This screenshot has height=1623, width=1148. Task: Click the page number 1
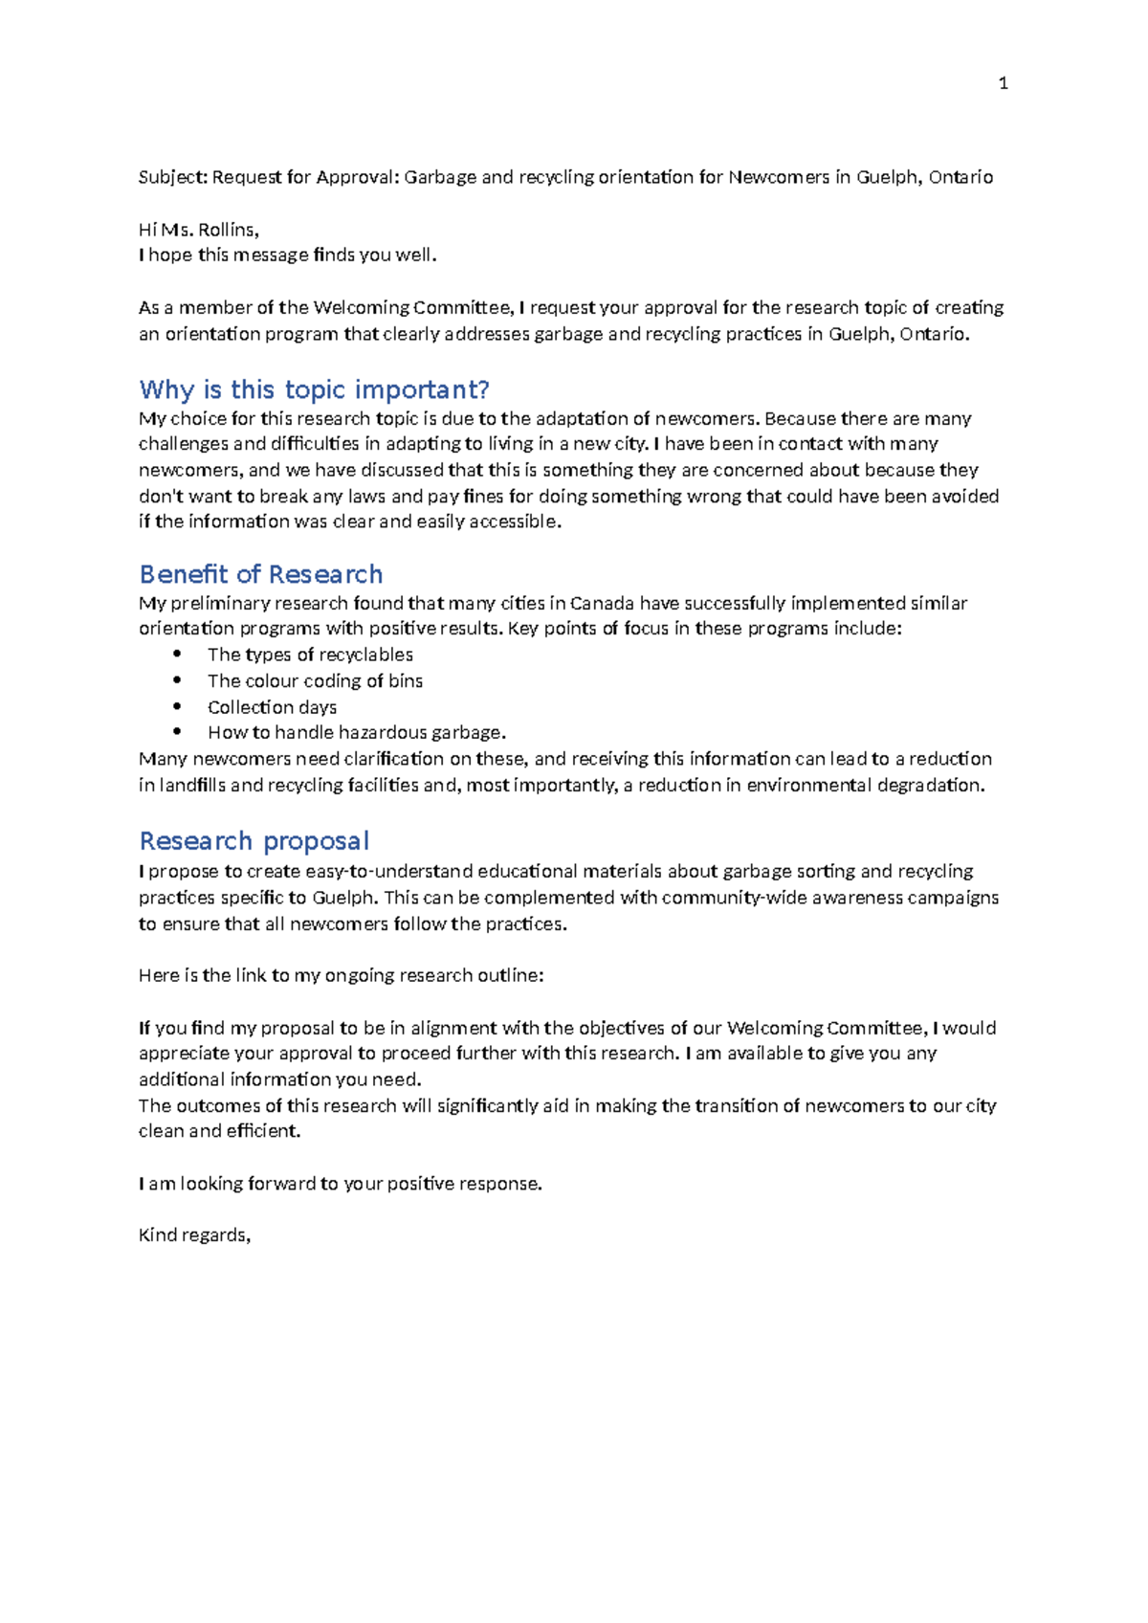[1003, 84]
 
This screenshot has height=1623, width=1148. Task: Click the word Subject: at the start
[172, 177]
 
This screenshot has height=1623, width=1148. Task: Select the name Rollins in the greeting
[228, 230]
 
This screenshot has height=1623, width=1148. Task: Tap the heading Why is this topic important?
[314, 389]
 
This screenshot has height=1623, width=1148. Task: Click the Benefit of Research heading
[260, 574]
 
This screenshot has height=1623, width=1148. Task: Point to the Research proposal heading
[254, 841]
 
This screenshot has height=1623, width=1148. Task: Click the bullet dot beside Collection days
[177, 706]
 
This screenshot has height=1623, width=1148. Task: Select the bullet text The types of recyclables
[310, 655]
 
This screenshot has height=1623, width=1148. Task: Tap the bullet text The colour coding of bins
[315, 680]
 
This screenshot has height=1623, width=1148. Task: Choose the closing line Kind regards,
[194, 1234]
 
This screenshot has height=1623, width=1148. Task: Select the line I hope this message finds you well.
[287, 255]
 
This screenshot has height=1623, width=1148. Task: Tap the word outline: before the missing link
[510, 975]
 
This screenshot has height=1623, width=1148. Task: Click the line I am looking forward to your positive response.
[340, 1183]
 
